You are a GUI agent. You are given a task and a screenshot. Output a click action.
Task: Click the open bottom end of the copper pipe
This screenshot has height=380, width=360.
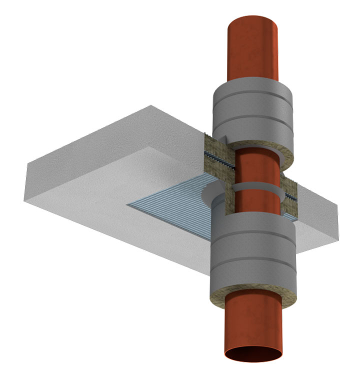253,355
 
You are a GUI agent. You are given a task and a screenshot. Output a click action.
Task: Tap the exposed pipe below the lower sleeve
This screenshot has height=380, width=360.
252,325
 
